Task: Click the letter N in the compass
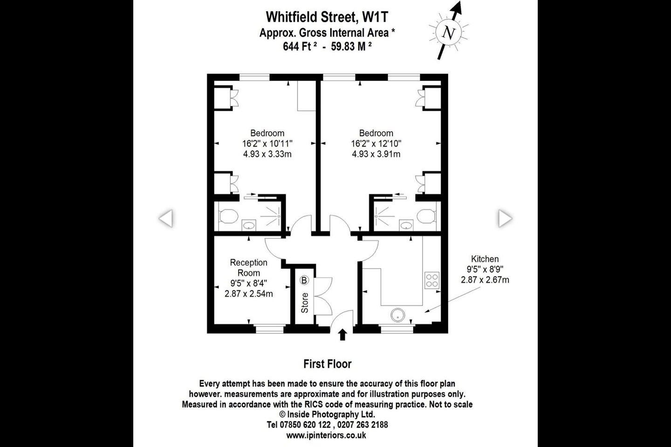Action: click(448, 33)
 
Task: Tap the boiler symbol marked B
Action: click(304, 280)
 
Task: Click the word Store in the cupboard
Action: click(305, 303)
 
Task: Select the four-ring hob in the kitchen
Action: click(431, 280)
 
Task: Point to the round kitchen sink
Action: click(397, 315)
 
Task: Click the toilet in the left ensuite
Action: click(228, 216)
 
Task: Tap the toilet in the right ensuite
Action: click(426, 216)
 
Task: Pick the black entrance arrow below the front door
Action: click(342, 335)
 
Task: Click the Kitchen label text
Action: click(485, 259)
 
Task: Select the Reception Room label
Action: click(249, 268)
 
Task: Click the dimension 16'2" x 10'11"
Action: click(267, 144)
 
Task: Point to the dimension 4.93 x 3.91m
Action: click(376, 154)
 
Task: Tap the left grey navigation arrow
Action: click(166, 218)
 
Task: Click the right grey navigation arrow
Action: click(505, 218)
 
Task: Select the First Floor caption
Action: click(328, 364)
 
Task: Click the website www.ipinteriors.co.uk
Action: click(326, 435)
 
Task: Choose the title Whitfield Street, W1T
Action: click(327, 17)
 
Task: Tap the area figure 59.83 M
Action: click(351, 47)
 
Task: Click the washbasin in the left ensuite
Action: click(249, 225)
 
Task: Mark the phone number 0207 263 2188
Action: click(363, 425)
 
